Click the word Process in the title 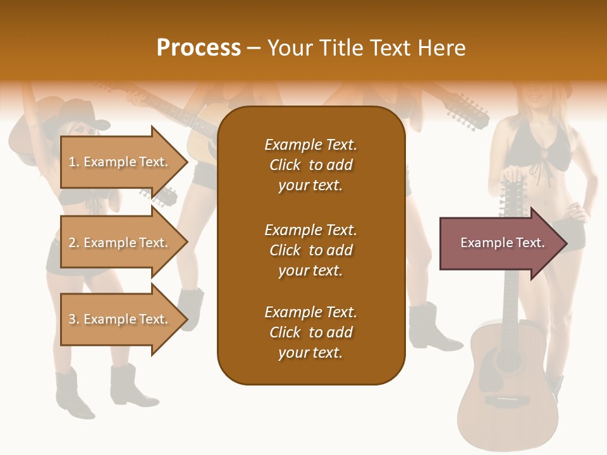click(x=199, y=48)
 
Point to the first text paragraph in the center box click(x=310, y=165)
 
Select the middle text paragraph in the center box click(x=310, y=250)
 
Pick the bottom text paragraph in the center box click(x=310, y=332)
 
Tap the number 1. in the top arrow click(x=74, y=162)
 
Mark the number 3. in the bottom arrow click(x=74, y=319)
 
